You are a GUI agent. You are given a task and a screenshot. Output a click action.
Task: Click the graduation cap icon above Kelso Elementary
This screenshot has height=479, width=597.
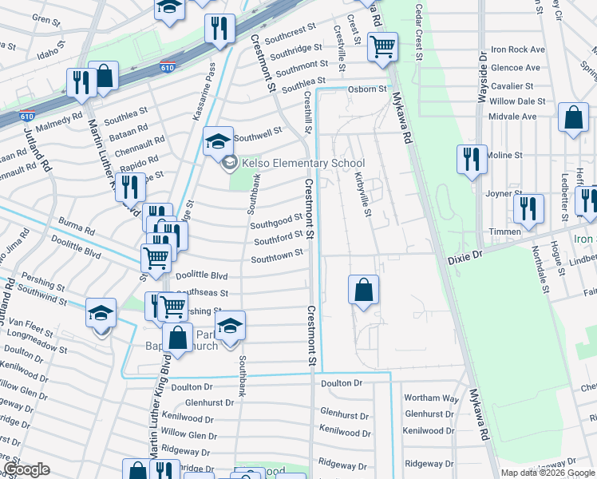(218, 141)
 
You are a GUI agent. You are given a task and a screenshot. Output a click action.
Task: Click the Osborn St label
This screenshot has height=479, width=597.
(366, 89)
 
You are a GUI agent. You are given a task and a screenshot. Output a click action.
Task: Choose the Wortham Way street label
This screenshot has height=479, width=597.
(432, 398)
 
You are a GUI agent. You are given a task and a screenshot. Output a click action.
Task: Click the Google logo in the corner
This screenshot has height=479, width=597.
(26, 470)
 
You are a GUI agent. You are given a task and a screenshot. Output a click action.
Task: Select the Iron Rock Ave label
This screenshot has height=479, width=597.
(517, 49)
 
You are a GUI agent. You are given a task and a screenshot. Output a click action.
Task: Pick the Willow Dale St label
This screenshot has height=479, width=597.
(517, 101)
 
